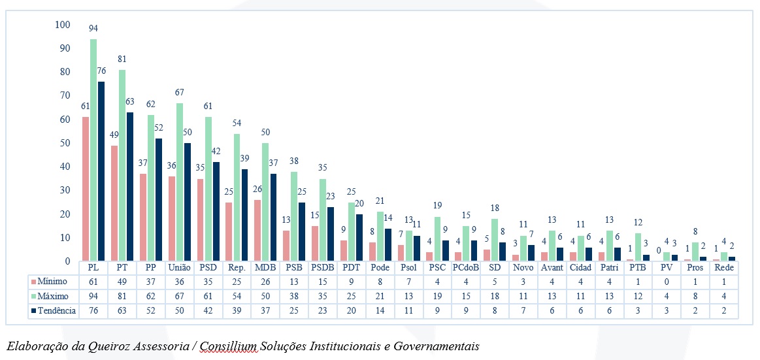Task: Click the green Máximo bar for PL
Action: pyautogui.click(x=93, y=150)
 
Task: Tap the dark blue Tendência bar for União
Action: pyautogui.click(x=187, y=202)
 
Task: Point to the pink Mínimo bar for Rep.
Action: pyautogui.click(x=229, y=231)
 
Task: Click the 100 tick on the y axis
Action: pyautogui.click(x=63, y=25)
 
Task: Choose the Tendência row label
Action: pyautogui.click(x=57, y=311)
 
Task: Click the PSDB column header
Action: pyautogui.click(x=322, y=268)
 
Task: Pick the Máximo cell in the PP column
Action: pyautogui.click(x=150, y=296)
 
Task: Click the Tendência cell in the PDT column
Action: pyautogui.click(x=350, y=311)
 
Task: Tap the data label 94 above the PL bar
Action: pyautogui.click(x=93, y=28)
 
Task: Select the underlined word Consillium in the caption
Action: pyautogui.click(x=229, y=346)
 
